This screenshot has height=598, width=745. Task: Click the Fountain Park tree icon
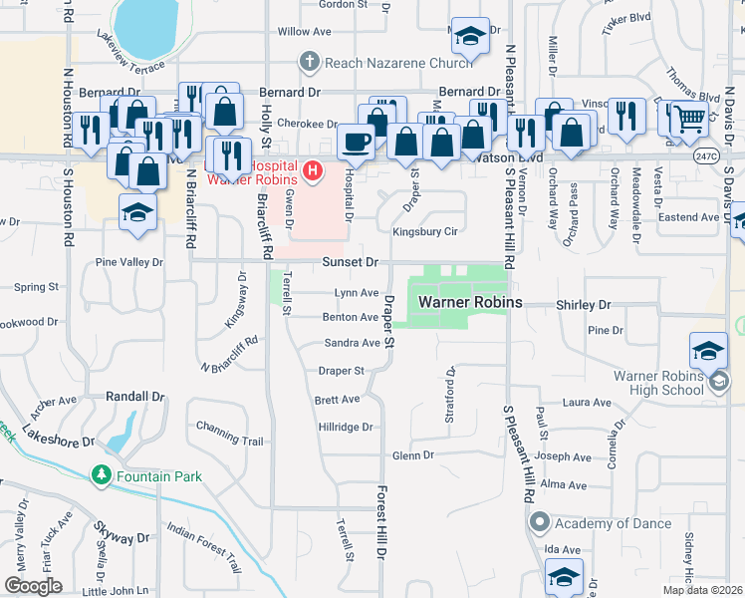101,476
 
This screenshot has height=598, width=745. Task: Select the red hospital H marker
314,171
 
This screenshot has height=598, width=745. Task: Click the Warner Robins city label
463,301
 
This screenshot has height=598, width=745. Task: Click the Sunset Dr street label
350,262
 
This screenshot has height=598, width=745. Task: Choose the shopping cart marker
688,119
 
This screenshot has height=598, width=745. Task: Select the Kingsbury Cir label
424,231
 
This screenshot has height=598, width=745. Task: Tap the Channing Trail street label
230,441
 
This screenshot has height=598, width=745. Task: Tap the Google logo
34,586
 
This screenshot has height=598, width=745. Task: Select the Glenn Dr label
413,455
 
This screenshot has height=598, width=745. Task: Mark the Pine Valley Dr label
128,262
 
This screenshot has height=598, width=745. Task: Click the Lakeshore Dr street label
60,440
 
